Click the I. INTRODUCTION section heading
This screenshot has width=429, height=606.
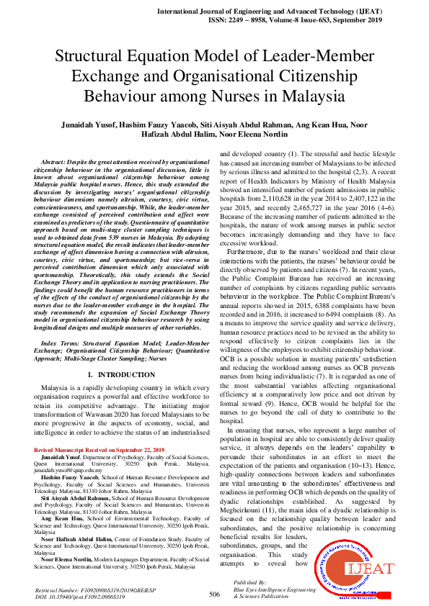click(122, 376)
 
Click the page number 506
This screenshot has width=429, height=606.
click(214, 594)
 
